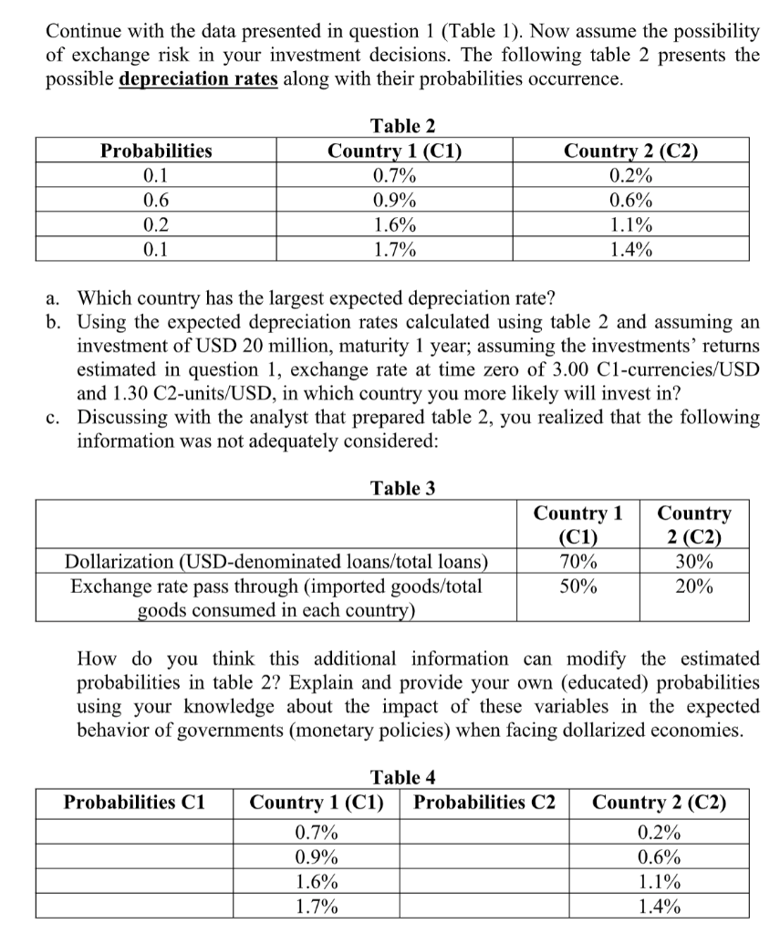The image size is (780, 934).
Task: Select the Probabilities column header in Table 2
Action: click(x=156, y=150)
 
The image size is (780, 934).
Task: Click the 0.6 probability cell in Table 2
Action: click(x=156, y=201)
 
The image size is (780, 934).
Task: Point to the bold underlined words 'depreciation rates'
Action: click(x=199, y=78)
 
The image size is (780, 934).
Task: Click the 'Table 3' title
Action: click(x=402, y=488)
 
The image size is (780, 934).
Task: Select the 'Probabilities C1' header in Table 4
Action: click(x=135, y=803)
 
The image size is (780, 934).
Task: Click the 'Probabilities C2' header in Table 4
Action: click(x=484, y=803)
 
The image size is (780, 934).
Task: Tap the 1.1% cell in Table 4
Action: click(x=660, y=881)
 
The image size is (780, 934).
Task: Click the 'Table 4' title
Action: click(x=402, y=778)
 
